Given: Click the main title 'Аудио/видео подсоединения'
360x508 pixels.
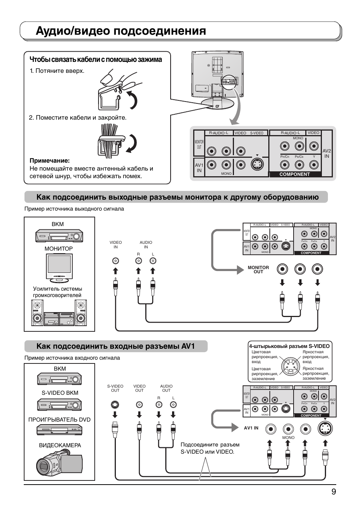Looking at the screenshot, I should pos(121,31).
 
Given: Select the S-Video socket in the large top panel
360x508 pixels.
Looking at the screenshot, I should pos(257,165).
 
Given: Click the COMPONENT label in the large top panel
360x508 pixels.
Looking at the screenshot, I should pos(294,174).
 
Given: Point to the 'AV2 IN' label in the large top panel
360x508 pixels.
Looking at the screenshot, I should pos(326,153).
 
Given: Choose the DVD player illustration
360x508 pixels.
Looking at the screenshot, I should pos(59,430).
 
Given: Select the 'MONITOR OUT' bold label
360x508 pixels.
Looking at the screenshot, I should pos(258,269).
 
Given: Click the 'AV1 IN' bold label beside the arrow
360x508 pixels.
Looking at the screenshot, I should pos(251,428).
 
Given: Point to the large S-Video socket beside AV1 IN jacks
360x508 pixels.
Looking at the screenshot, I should pos(325,429).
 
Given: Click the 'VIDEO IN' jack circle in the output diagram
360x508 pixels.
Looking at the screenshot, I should pos(115,261).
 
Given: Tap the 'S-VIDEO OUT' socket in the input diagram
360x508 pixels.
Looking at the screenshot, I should pos(115,405).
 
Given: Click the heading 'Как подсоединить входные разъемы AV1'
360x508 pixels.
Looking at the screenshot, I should pos(115,346).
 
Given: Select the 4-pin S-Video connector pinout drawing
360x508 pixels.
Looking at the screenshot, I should pos(290,365).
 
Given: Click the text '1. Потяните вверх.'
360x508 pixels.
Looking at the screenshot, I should pos(57,71).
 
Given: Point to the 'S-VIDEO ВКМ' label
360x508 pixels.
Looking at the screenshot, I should pos(60,393).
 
